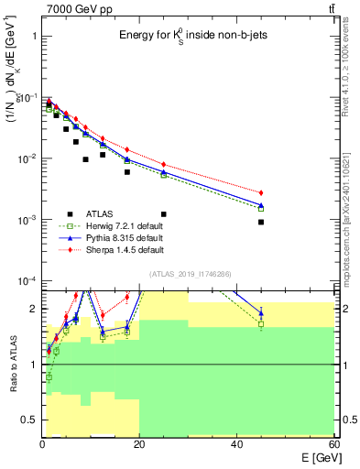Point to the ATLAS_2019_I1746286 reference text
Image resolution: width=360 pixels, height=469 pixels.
click(x=189, y=274)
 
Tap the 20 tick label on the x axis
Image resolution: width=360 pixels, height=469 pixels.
click(x=139, y=444)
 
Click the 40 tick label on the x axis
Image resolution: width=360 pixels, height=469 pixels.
click(x=236, y=444)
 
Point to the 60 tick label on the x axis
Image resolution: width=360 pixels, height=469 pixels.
click(x=333, y=444)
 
